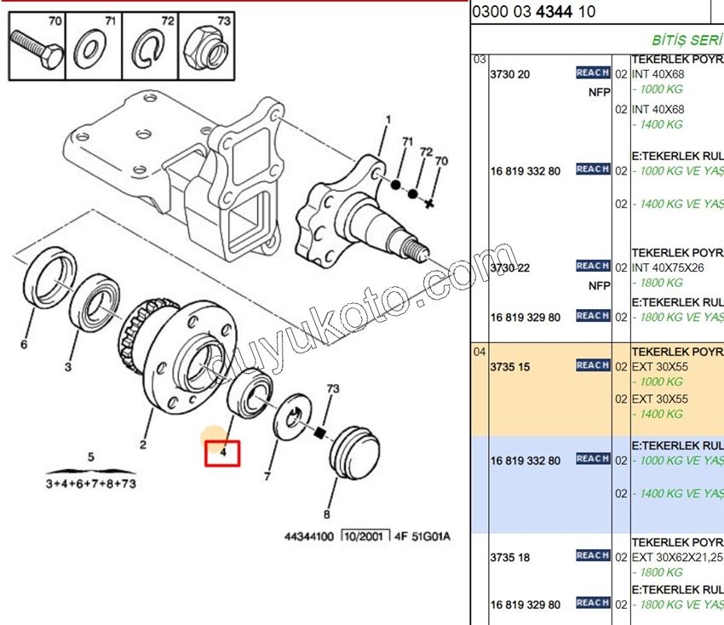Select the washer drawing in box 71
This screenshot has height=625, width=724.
click(92, 48)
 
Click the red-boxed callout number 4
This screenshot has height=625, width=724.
click(222, 453)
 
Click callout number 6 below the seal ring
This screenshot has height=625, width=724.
click(24, 344)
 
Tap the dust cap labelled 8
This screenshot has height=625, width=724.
click(353, 452)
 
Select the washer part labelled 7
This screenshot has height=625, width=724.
click(293, 416)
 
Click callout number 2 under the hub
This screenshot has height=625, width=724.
click(143, 444)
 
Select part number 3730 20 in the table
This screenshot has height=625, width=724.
click(509, 74)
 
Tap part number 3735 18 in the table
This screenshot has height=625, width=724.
click(509, 558)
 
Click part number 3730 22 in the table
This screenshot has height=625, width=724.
click(509, 268)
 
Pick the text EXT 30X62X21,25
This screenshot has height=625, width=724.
click(675, 558)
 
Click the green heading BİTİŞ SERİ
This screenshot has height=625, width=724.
click(687, 40)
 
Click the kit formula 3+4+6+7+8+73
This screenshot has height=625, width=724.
click(90, 484)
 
